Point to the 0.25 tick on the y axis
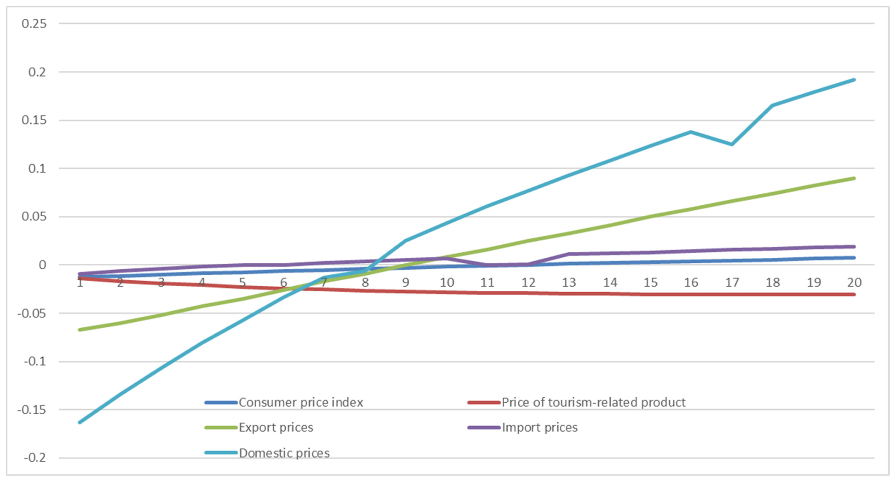pyautogui.click(x=34, y=24)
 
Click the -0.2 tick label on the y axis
pyautogui.click(x=35, y=458)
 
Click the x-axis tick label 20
pyautogui.click(x=854, y=282)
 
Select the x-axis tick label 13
pyautogui.click(x=569, y=282)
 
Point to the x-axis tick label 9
pyautogui.click(x=406, y=282)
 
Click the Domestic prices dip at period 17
pyautogui.click(x=732, y=144)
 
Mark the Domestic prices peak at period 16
pyautogui.click(x=691, y=132)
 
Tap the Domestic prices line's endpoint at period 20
pyautogui.click(x=854, y=80)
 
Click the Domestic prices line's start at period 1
pyautogui.click(x=80, y=422)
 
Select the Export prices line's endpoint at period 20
pyautogui.click(x=854, y=178)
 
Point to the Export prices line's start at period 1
pyautogui.click(x=80, y=329)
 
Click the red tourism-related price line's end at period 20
pyautogui.click(x=854, y=294)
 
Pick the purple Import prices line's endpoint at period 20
pyautogui.click(x=854, y=247)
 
